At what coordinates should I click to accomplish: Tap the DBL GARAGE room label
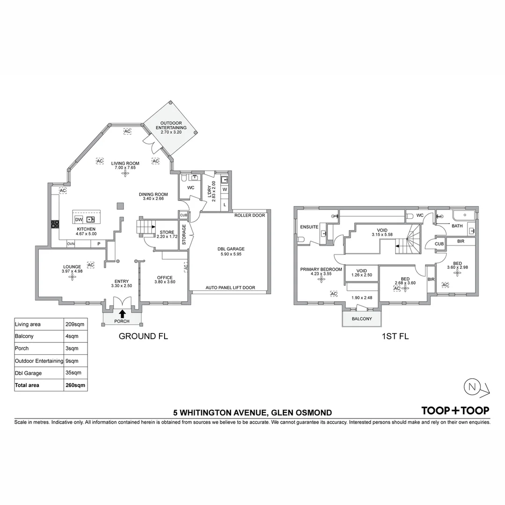(231, 249)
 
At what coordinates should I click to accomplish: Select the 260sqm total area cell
(75, 385)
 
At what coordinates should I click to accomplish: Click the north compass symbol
(471, 387)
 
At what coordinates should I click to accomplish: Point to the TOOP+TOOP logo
(455, 411)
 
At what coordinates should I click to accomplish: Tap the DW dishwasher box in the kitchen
(79, 219)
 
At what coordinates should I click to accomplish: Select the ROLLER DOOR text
(250, 216)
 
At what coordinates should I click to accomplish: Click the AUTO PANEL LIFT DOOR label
(231, 288)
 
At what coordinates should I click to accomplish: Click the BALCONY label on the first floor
(361, 319)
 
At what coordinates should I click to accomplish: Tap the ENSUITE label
(310, 227)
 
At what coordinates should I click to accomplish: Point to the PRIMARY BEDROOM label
(321, 269)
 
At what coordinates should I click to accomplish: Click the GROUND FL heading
(143, 336)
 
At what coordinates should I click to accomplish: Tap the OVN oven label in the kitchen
(71, 244)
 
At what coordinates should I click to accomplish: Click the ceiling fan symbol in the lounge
(72, 277)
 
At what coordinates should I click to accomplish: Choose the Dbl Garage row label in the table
(28, 373)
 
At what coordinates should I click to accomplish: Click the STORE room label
(166, 232)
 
